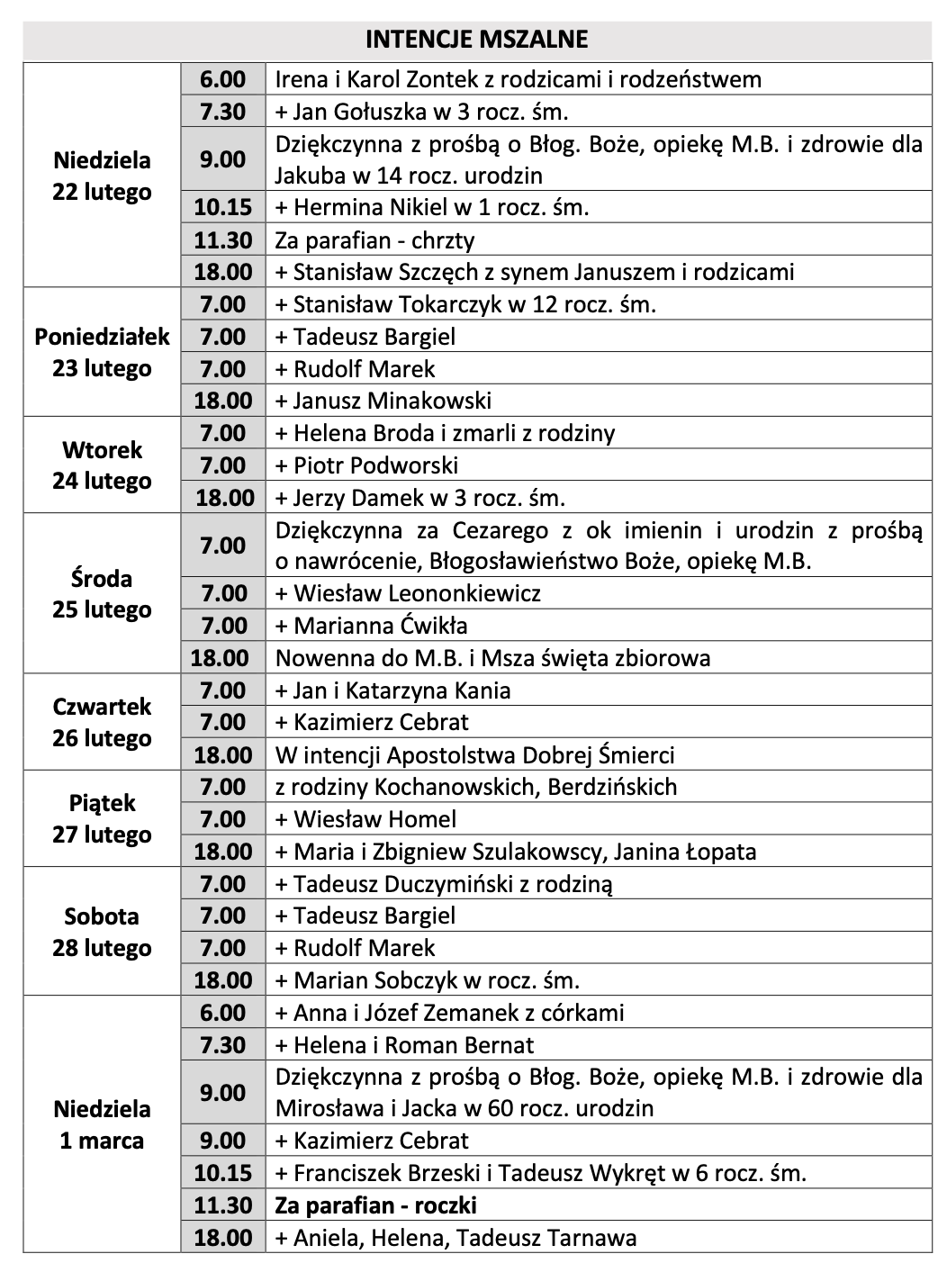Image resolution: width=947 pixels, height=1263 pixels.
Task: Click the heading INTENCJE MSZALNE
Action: point(476,40)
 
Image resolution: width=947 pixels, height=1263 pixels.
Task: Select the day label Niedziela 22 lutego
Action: point(102,176)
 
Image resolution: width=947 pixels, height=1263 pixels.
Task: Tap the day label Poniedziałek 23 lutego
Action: point(102,352)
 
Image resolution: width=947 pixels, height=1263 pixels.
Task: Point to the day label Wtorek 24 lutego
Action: point(102,465)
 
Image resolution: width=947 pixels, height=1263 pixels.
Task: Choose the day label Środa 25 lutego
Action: point(102,593)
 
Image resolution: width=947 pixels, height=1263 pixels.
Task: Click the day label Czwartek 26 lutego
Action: point(102,722)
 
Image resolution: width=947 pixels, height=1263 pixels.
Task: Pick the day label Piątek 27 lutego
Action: point(102,818)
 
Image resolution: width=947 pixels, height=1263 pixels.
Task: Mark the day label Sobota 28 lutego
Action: point(102,932)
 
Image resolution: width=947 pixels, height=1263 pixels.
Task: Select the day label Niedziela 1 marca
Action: point(102,1124)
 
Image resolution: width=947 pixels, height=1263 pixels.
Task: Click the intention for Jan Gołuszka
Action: point(421,112)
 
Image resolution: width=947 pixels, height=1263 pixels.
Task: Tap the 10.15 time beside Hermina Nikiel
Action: point(223,207)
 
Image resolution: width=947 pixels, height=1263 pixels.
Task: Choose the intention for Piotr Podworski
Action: point(366,465)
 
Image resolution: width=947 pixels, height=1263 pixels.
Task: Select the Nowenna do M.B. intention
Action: point(492,658)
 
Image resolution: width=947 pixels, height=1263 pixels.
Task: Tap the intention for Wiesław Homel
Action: point(365,819)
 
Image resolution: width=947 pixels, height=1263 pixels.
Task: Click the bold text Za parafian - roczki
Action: point(375,1205)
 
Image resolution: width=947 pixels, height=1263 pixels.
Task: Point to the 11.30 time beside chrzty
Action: point(223,240)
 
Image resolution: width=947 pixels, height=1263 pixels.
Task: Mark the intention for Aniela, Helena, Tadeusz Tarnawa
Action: point(455,1238)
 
